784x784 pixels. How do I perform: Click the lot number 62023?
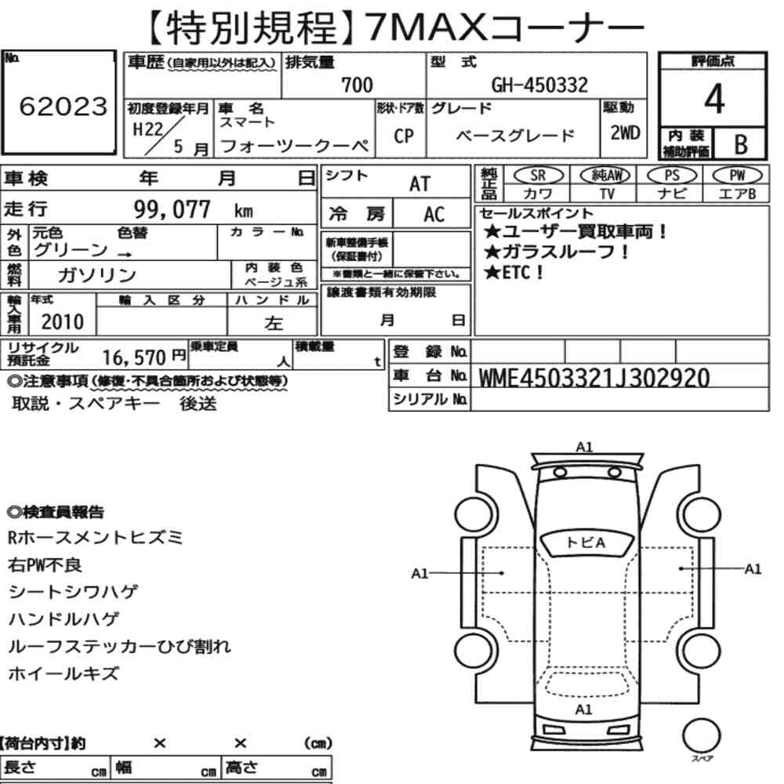coord(63,106)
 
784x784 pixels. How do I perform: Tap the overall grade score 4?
coord(714,99)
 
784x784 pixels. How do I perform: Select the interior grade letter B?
coord(741,144)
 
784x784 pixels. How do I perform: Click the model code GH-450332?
coord(539,85)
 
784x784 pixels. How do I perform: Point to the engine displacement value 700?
coord(357,85)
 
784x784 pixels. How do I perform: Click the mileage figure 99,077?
coord(172,209)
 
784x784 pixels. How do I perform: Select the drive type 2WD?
coord(625,133)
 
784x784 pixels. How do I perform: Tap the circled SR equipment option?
coord(538,176)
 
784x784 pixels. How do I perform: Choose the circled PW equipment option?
coord(737,176)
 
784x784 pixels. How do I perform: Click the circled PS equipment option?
coord(672,176)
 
